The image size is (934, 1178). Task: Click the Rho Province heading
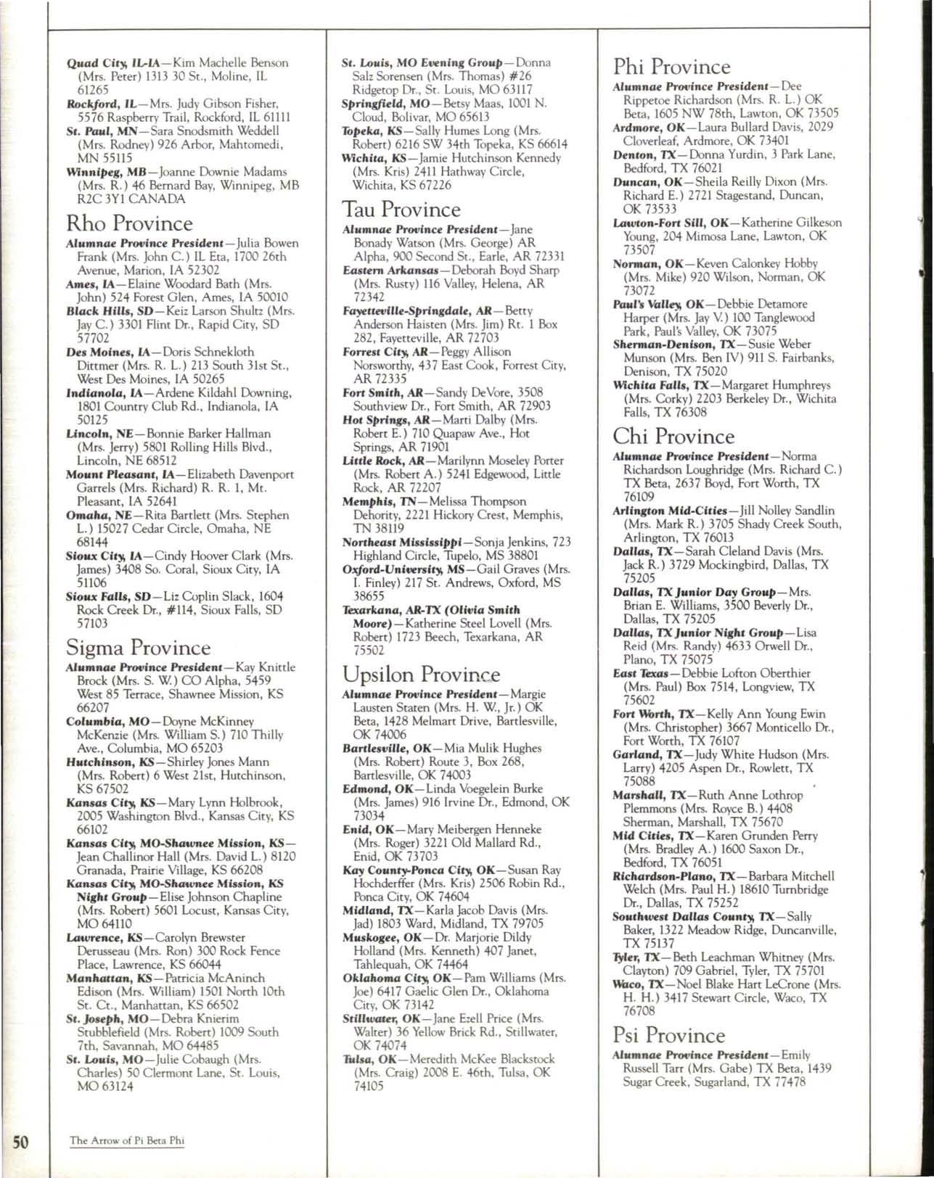[x=129, y=223]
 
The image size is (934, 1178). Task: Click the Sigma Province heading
[x=138, y=647]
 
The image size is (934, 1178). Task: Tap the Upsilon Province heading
[x=421, y=675]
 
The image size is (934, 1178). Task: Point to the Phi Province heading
[x=671, y=67]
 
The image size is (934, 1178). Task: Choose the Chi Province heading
[x=673, y=437]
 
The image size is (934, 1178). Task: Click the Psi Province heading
[x=668, y=1035]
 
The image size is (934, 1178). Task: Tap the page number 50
[x=20, y=1141]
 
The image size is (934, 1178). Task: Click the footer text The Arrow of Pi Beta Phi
[x=127, y=1141]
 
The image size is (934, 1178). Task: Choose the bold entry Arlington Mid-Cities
[x=669, y=511]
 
